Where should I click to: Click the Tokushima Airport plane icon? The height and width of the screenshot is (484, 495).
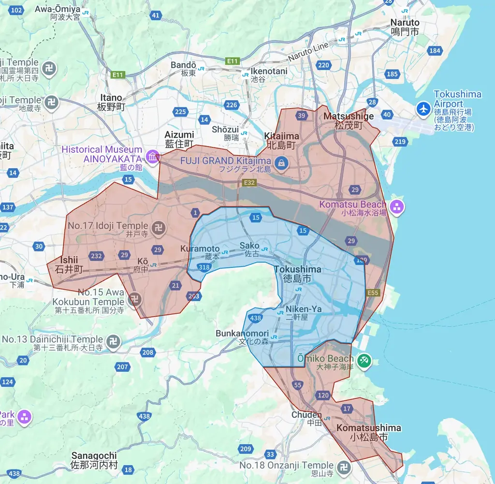[424, 109]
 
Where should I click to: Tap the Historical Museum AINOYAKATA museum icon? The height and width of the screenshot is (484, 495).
[153, 157]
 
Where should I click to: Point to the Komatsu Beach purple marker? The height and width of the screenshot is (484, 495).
[397, 207]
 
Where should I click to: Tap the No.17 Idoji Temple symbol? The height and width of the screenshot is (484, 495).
[158, 226]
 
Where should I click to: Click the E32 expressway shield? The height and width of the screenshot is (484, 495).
[249, 183]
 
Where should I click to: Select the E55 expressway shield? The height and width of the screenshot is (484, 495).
[373, 293]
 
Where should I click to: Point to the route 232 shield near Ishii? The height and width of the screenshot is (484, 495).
[96, 256]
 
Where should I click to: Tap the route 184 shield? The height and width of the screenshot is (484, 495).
[435, 51]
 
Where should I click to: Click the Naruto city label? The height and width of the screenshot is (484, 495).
[405, 27]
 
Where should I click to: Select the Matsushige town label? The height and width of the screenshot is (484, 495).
[349, 120]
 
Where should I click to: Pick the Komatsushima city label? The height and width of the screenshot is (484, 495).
[369, 432]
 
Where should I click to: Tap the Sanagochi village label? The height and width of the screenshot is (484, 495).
[94, 460]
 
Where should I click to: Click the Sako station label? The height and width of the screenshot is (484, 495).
[249, 249]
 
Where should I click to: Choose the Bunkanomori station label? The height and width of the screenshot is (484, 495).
[242, 337]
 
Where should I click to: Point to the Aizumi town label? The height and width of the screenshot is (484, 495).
[179, 139]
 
